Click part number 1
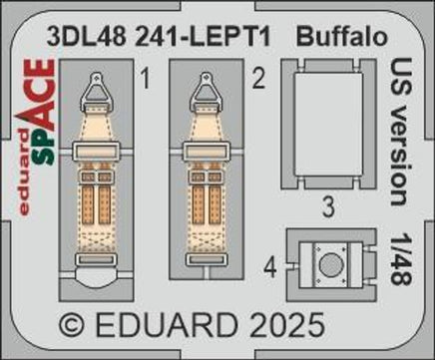coord(146,82)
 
